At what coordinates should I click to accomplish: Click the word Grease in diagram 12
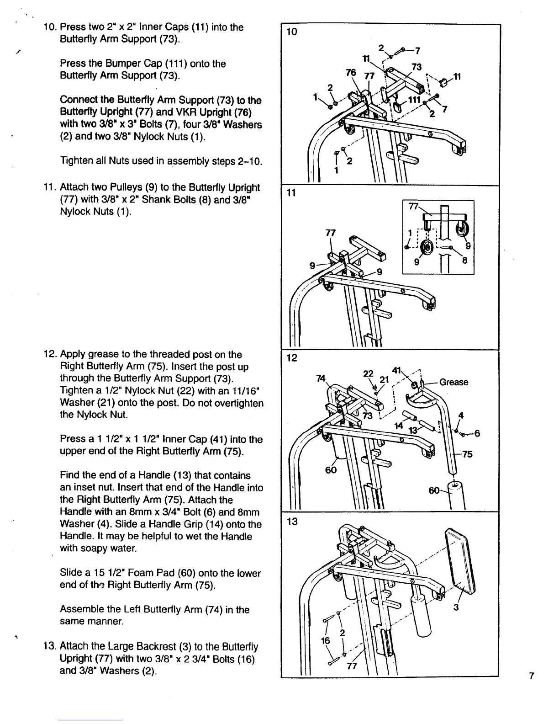pos(454,382)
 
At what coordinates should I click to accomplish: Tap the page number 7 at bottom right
pos(531,676)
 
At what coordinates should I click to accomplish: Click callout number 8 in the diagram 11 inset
pos(464,261)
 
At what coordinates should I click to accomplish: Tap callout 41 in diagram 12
pos(396,370)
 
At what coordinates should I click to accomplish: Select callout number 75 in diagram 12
pos(467,454)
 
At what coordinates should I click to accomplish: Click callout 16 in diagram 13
pos(326,641)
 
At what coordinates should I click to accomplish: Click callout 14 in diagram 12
pos(399,426)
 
